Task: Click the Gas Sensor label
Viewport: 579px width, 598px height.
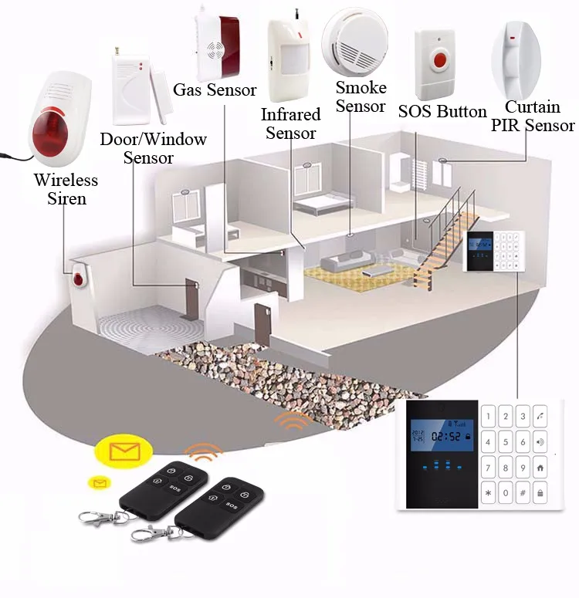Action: pyautogui.click(x=215, y=90)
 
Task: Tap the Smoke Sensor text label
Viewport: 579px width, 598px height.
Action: pyautogui.click(x=361, y=97)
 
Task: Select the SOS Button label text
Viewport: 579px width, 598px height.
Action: pyautogui.click(x=442, y=112)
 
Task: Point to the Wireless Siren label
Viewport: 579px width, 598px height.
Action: pyautogui.click(x=66, y=189)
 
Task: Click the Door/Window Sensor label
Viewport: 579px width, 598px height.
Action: pyautogui.click(x=154, y=148)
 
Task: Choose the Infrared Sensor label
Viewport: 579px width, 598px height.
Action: pyautogui.click(x=290, y=123)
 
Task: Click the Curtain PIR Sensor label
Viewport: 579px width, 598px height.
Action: pyautogui.click(x=533, y=117)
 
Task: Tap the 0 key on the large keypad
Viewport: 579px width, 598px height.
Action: pyautogui.click(x=506, y=492)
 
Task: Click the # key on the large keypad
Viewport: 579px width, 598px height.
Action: pyautogui.click(x=523, y=492)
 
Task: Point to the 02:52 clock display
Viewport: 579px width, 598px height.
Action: pyautogui.click(x=445, y=437)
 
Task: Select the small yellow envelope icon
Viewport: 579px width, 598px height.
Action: pyautogui.click(x=99, y=483)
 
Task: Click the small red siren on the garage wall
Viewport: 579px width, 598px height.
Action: pyautogui.click(x=78, y=280)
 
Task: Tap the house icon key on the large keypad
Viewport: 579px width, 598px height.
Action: pyautogui.click(x=540, y=468)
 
